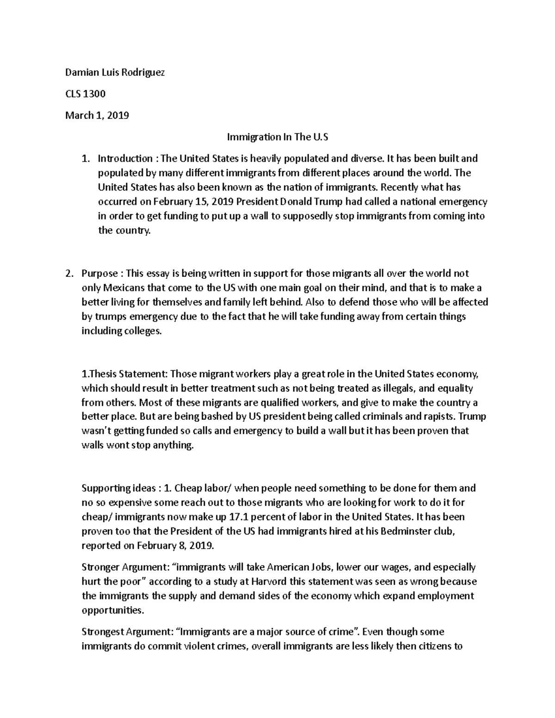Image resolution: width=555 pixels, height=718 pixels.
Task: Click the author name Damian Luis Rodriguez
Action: click(115, 73)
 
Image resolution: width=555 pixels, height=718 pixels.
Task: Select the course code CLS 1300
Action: click(85, 94)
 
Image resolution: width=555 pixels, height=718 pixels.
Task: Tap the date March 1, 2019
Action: click(97, 116)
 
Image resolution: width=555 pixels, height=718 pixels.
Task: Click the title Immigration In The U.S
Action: click(277, 137)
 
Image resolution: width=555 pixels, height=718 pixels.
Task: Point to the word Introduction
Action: click(125, 159)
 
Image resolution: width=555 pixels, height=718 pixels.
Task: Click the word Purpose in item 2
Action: click(99, 273)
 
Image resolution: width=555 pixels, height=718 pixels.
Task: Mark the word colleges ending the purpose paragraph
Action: click(143, 331)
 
